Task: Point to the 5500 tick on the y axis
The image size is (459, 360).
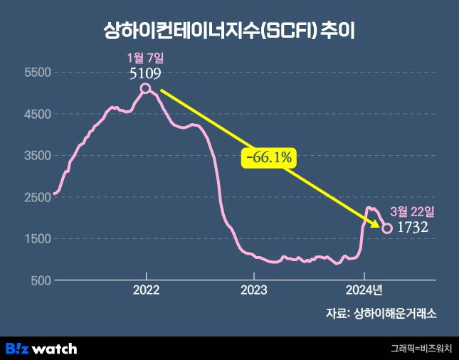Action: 34,73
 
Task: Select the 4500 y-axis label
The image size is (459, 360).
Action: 34,114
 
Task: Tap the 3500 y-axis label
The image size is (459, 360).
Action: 34,156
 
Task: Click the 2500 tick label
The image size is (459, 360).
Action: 34,197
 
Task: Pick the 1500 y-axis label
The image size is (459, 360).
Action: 34,239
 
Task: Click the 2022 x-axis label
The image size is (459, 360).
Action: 146,290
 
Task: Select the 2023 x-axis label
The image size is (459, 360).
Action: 254,290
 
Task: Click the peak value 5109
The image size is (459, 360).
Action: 145,73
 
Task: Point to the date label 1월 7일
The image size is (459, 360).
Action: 145,58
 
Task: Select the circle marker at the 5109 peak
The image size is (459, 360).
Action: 146,88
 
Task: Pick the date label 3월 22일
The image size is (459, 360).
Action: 412,211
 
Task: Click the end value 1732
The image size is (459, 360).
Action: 412,228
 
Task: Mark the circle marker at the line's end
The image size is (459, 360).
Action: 388,228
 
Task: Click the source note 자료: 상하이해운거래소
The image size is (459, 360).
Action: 381,312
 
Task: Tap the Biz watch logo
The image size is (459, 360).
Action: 41,349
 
